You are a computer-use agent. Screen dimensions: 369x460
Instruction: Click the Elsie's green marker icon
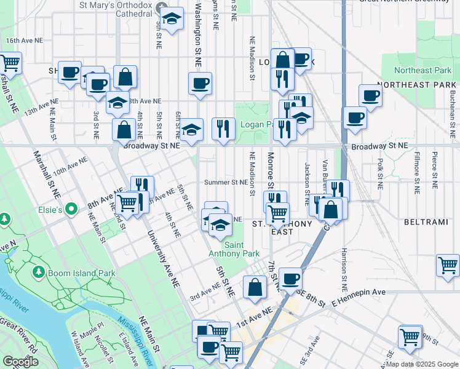point(71,210)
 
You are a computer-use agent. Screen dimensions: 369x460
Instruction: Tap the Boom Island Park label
point(82,273)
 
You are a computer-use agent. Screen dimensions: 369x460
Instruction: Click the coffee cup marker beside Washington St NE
point(199,84)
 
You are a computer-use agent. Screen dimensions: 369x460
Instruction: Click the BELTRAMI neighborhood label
point(424,220)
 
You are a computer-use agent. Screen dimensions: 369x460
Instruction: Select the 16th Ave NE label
point(24,40)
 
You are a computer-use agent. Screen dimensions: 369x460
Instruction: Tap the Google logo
point(21,362)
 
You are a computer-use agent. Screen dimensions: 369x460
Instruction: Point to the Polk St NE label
point(380,168)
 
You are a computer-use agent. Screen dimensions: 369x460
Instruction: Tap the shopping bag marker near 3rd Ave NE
point(255,287)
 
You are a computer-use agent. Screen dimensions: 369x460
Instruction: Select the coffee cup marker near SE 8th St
point(291,279)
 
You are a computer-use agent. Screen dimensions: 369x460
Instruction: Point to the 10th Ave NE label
point(68,167)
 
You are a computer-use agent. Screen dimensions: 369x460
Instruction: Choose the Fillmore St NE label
point(416,173)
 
